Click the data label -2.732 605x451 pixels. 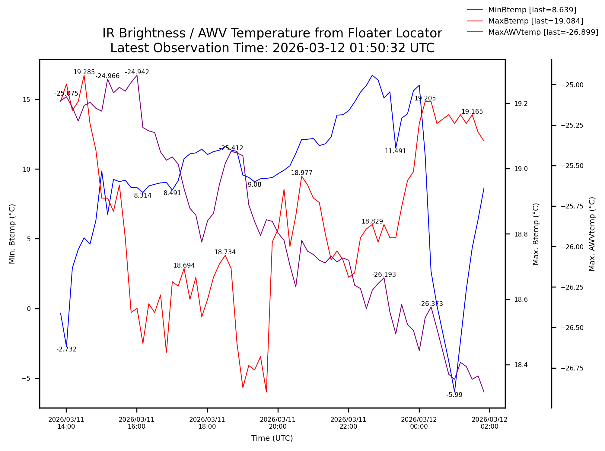pyautogui.click(x=66, y=349)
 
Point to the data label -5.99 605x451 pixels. pyautogui.click(x=454, y=395)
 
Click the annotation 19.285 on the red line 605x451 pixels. pyautogui.click(x=84, y=72)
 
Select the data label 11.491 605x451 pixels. pyautogui.click(x=395, y=151)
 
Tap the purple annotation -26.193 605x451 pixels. pyautogui.click(x=384, y=275)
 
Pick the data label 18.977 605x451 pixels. pyautogui.click(x=301, y=173)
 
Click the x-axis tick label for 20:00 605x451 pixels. pyautogui.click(x=278, y=423)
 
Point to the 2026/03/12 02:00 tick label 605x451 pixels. pyautogui.click(x=489, y=423)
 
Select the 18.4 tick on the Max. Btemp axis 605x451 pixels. pyautogui.click(x=521, y=365)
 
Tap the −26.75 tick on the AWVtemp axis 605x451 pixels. pyautogui.click(x=572, y=368)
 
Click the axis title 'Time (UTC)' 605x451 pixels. pyautogui.click(x=272, y=438)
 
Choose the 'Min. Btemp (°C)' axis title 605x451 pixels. pyautogui.click(x=12, y=234)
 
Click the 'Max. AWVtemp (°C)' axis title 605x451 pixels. pyautogui.click(x=592, y=234)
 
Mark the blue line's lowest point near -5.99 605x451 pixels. pyautogui.click(x=454, y=392)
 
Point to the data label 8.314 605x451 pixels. pyautogui.click(x=142, y=195)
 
